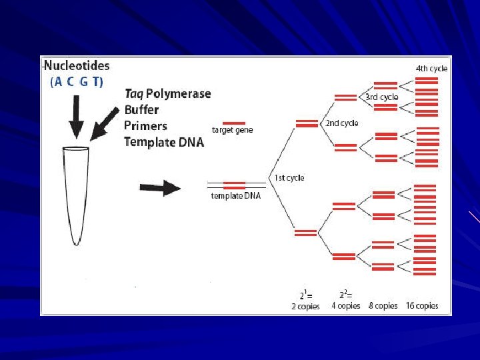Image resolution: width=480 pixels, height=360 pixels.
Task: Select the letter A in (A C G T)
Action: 59,82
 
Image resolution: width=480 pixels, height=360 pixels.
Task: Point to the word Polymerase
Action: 178,94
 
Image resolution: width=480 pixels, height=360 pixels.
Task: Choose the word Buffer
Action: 141,110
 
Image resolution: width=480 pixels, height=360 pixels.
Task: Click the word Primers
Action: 145,126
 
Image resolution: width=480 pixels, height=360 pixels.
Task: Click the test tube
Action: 76,193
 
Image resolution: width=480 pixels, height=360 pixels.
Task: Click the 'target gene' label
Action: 232,131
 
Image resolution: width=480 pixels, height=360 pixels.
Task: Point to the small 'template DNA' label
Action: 236,196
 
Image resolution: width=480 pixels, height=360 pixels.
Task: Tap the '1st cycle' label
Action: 289,178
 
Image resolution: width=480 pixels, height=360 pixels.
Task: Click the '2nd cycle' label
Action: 341,123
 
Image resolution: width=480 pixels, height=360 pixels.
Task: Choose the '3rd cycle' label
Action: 382,97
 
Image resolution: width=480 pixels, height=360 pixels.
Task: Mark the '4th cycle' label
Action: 431,68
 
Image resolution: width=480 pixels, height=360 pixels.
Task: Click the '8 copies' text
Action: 383,306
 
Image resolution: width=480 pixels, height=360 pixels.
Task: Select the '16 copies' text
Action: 422,306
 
